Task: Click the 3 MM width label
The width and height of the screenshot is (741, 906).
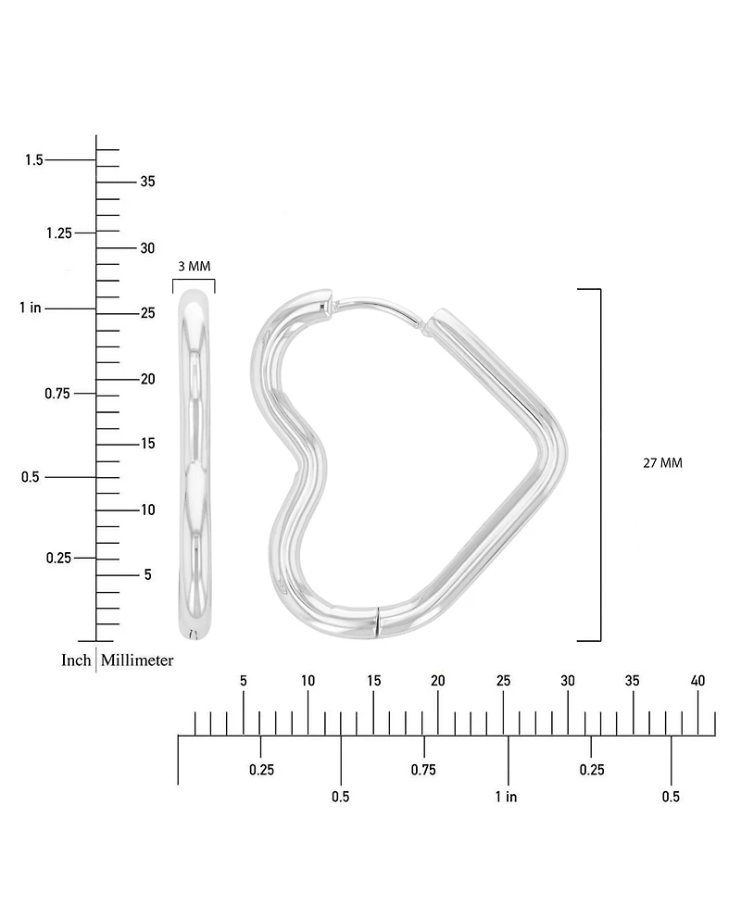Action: pyautogui.click(x=195, y=267)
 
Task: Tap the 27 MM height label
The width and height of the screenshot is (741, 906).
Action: pyautogui.click(x=662, y=463)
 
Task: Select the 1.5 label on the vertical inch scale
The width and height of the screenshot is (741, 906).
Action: pyautogui.click(x=34, y=159)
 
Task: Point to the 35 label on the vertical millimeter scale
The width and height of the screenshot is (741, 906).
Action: pyautogui.click(x=148, y=182)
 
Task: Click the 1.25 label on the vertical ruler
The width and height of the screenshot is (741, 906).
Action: pyautogui.click(x=59, y=233)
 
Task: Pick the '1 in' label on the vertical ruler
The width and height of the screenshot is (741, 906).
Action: pyautogui.click(x=31, y=308)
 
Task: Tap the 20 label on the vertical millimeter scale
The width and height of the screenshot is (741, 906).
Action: pyautogui.click(x=148, y=379)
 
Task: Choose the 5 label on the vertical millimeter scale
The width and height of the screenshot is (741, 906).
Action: pyautogui.click(x=148, y=574)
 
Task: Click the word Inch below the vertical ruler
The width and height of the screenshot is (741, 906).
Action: pyautogui.click(x=76, y=660)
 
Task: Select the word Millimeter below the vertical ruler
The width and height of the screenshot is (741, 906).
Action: pyautogui.click(x=137, y=660)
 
